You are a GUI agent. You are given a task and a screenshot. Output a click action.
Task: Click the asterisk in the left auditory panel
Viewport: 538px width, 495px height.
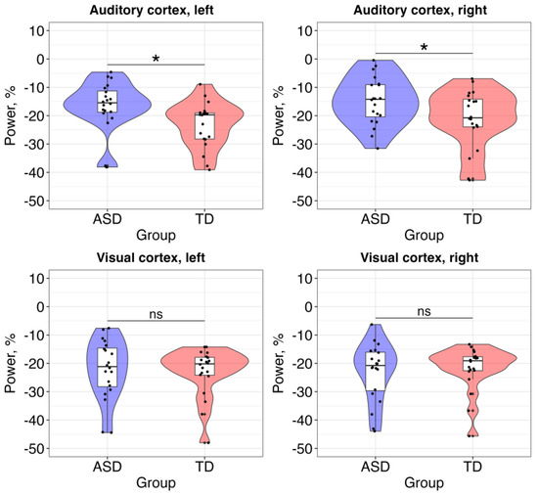[x=156, y=60]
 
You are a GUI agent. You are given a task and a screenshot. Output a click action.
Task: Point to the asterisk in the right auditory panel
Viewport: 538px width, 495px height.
[x=424, y=48]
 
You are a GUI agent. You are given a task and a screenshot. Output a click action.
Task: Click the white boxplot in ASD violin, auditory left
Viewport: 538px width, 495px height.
[x=107, y=101]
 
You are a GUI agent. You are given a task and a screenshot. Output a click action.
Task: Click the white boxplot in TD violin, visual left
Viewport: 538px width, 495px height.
[x=204, y=367]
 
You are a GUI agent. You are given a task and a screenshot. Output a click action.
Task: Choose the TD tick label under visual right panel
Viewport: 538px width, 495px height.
[x=472, y=465]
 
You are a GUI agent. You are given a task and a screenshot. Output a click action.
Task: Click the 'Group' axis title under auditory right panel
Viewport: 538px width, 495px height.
[x=424, y=235]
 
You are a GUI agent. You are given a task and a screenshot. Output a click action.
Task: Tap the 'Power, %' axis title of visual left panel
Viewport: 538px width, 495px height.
[x=11, y=364]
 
